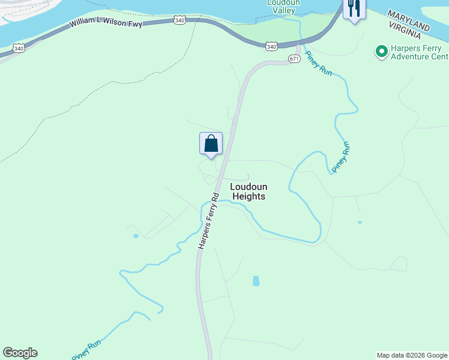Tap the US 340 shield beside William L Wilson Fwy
[x=179, y=20]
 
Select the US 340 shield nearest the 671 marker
[x=272, y=46]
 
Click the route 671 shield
[x=294, y=58]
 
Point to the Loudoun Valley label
[x=283, y=7]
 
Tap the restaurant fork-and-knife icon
[x=354, y=8]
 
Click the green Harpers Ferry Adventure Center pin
[x=381, y=52]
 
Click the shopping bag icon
[x=211, y=144]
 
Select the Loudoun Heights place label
[x=249, y=191]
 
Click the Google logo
[x=20, y=353]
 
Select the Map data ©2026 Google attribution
[x=412, y=355]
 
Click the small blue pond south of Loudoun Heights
[x=256, y=281]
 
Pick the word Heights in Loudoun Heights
[x=249, y=196]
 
